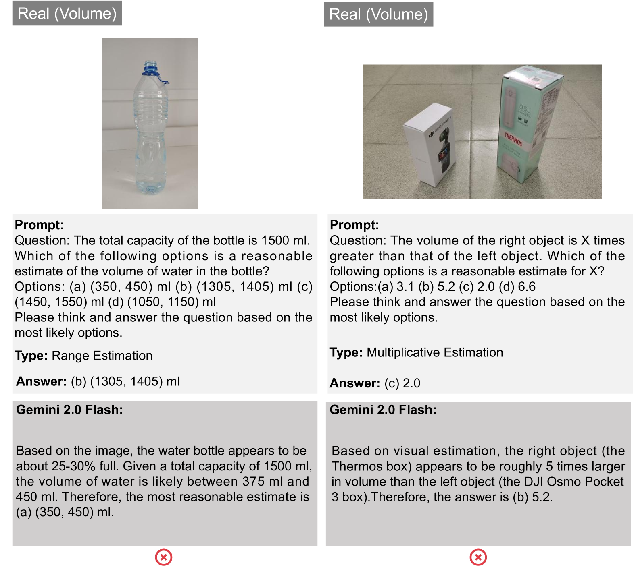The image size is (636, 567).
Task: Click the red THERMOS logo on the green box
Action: [x=513, y=140]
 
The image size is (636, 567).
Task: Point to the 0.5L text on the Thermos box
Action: [x=525, y=109]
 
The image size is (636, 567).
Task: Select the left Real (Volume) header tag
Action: [x=67, y=13]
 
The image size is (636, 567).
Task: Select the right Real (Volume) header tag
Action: [x=378, y=14]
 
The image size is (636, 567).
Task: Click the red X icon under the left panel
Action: [x=164, y=557]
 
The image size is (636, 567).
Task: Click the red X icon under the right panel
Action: [x=478, y=557]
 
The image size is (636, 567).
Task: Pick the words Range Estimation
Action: [x=102, y=356]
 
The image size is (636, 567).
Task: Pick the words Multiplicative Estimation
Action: [x=435, y=352]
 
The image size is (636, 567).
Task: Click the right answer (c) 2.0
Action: [x=402, y=383]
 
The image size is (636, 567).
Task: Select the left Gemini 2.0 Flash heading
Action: [x=69, y=410]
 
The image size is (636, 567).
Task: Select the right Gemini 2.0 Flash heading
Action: [x=383, y=410]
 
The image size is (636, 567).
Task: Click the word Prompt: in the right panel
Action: [x=354, y=225]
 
